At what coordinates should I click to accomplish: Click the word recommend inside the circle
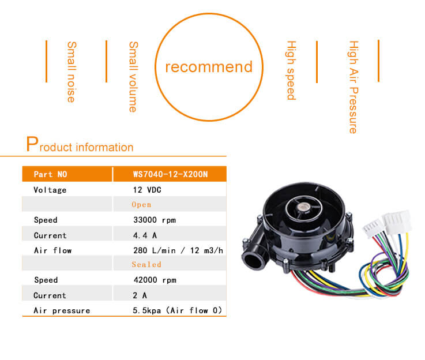pyautogui.click(x=209, y=67)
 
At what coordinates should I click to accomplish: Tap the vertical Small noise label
pyautogui.click(x=72, y=72)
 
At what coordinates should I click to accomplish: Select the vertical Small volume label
pyautogui.click(x=133, y=77)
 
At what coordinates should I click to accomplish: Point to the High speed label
pyautogui.click(x=291, y=70)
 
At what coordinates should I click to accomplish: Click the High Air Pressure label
pyautogui.click(x=353, y=87)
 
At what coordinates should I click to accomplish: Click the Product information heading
pyautogui.click(x=80, y=144)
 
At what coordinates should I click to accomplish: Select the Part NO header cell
pyautogui.click(x=50, y=174)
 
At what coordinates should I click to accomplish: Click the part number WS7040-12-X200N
pyautogui.click(x=170, y=174)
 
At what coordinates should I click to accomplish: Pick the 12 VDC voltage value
pyautogui.click(x=147, y=190)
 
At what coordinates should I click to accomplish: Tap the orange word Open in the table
pyautogui.click(x=141, y=204)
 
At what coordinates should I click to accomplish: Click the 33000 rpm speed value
pyautogui.click(x=155, y=220)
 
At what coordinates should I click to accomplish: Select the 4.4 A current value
pyautogui.click(x=145, y=235)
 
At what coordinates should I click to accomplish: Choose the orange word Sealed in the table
pyautogui.click(x=146, y=264)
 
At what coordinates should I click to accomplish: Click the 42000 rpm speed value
pyautogui.click(x=155, y=280)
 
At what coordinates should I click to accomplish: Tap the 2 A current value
pyautogui.click(x=140, y=295)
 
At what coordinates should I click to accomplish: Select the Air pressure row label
pyautogui.click(x=62, y=310)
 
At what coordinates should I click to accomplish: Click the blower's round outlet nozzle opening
pyautogui.click(x=253, y=261)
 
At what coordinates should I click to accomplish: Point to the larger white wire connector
pyautogui.click(x=397, y=222)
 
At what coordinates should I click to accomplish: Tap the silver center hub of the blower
pyautogui.click(x=303, y=207)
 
